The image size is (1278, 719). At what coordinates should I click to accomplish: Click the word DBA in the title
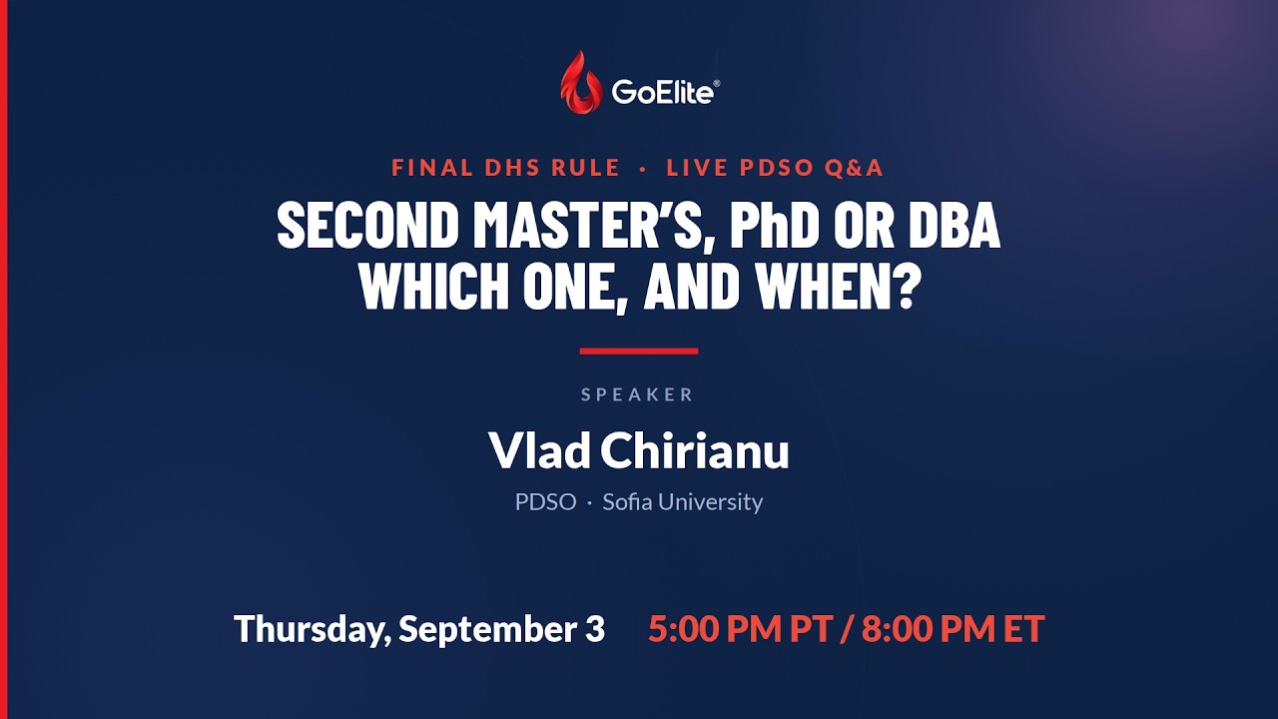tap(955, 226)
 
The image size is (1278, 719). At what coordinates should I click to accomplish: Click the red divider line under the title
tap(639, 351)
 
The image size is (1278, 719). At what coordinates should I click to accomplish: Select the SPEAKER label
tap(638, 394)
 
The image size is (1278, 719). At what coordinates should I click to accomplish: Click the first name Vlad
tap(539, 450)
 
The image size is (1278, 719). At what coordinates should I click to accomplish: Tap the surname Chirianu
tap(695, 450)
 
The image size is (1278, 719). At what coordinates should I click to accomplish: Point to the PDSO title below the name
tap(545, 502)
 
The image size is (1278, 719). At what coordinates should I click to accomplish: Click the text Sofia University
tap(682, 502)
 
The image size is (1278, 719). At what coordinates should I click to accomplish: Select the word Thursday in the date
tap(313, 629)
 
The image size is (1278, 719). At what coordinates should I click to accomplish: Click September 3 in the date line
tap(501, 629)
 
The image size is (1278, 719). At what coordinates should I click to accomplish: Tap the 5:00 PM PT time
tap(741, 629)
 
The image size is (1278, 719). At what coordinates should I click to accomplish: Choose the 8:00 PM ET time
tap(953, 629)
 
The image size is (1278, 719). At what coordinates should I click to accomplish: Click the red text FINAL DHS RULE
tap(505, 168)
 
